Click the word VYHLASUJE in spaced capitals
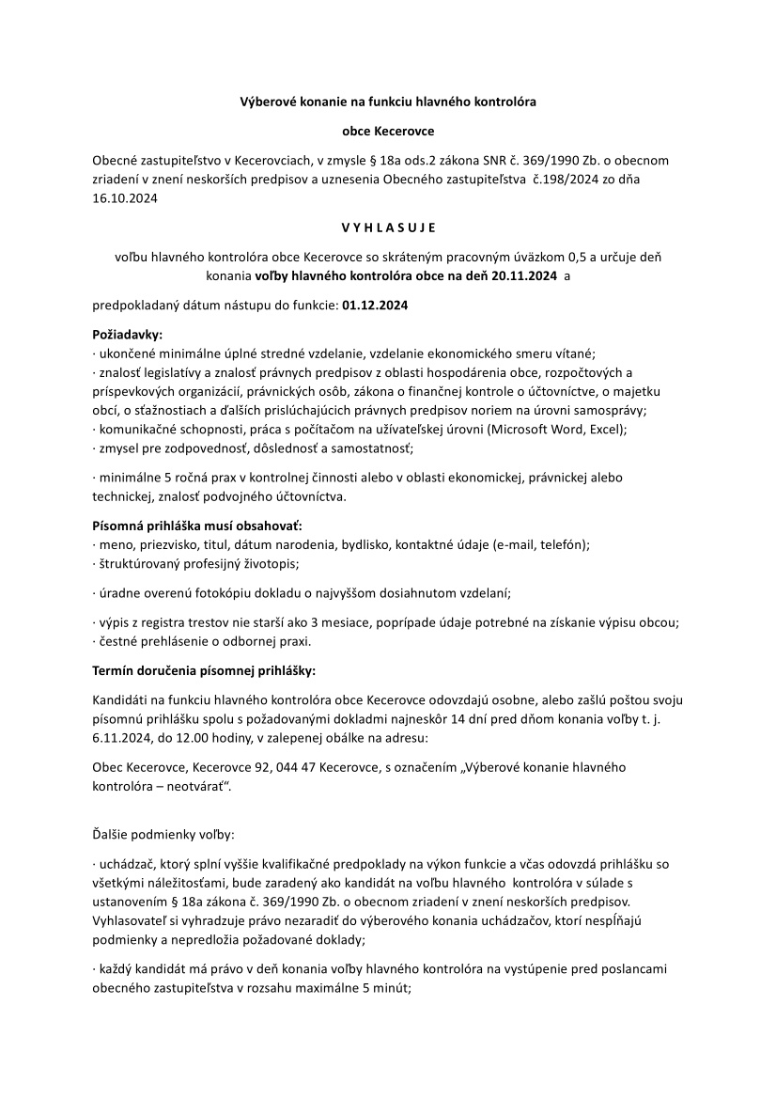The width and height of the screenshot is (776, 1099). pyautogui.click(x=388, y=227)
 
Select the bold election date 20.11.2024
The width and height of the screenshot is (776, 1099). pyautogui.click(x=519, y=276)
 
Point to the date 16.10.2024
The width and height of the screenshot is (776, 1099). pyautogui.click(x=125, y=198)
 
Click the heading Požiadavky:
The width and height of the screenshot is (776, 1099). pyautogui.click(x=127, y=335)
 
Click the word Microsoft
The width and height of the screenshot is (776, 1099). pyautogui.click(x=516, y=429)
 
